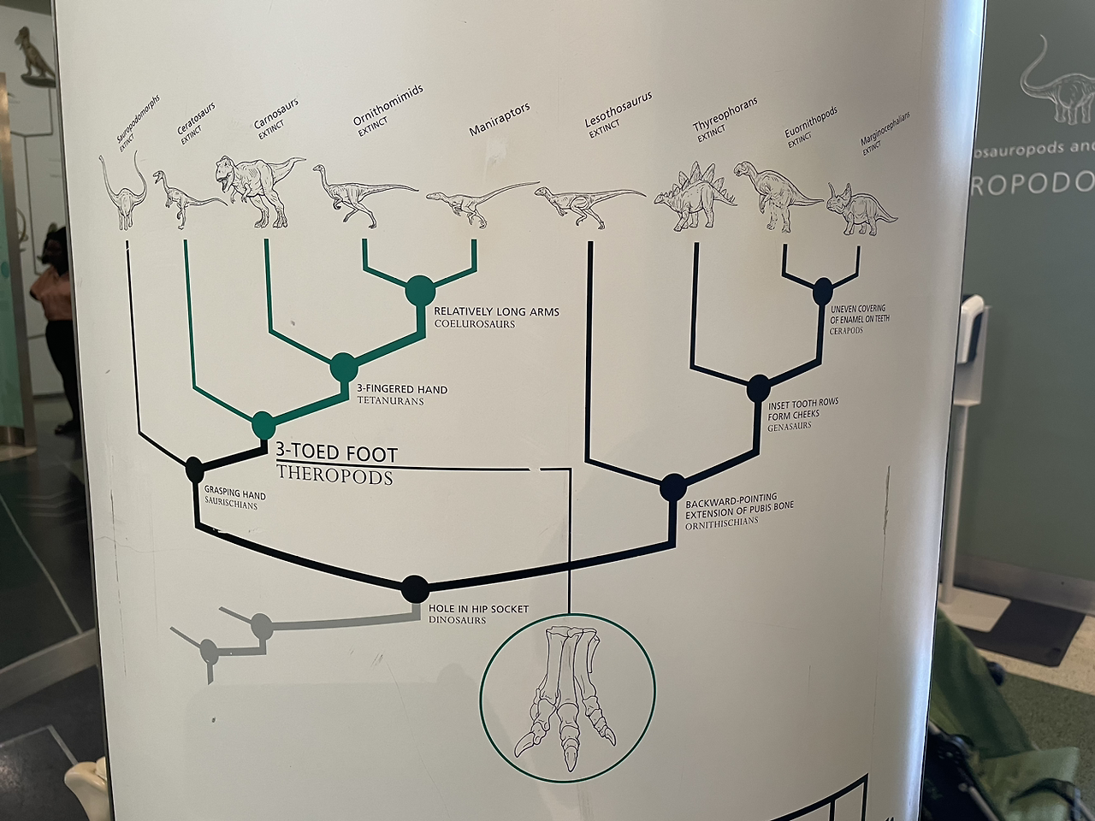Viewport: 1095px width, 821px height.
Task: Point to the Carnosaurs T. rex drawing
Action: pos(254,189)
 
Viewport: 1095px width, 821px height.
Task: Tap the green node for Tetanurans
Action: pos(344,368)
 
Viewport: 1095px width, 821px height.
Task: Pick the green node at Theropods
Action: pos(263,423)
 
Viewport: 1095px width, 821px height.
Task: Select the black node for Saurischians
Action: pos(194,469)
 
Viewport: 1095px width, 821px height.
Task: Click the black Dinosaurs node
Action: pos(415,588)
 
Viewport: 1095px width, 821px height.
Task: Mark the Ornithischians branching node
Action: pos(672,487)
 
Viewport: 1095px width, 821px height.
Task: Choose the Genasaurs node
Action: pos(758,388)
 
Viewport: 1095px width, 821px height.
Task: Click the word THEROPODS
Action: pos(334,477)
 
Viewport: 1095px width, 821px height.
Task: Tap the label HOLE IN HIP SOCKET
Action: pos(478,609)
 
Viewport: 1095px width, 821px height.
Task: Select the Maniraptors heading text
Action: pos(500,120)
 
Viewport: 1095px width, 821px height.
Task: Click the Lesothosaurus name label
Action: pos(618,112)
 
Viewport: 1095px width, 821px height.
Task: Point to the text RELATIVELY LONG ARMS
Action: pos(496,312)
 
